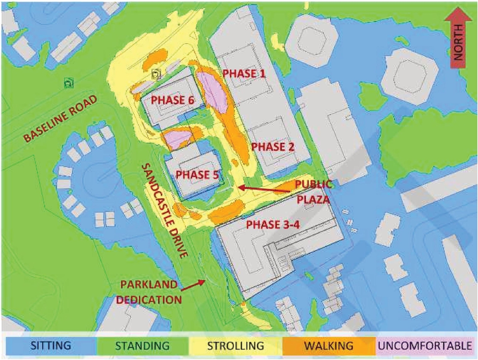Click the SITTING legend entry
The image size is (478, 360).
point(50,345)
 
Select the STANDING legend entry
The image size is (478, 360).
point(142,345)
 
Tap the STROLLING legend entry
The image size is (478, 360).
point(235,345)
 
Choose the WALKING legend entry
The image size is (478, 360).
point(329,345)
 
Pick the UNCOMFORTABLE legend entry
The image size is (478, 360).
point(425,345)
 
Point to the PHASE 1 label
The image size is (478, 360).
point(244,74)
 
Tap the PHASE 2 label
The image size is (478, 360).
point(273,147)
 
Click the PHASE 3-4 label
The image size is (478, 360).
point(273,224)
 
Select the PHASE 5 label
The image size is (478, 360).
point(197,174)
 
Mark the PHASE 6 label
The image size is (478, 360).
point(173,100)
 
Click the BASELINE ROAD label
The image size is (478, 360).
point(60,118)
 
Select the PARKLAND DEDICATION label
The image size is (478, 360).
point(150,292)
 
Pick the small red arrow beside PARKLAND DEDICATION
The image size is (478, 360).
point(193,285)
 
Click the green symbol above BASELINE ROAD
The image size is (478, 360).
point(68,83)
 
